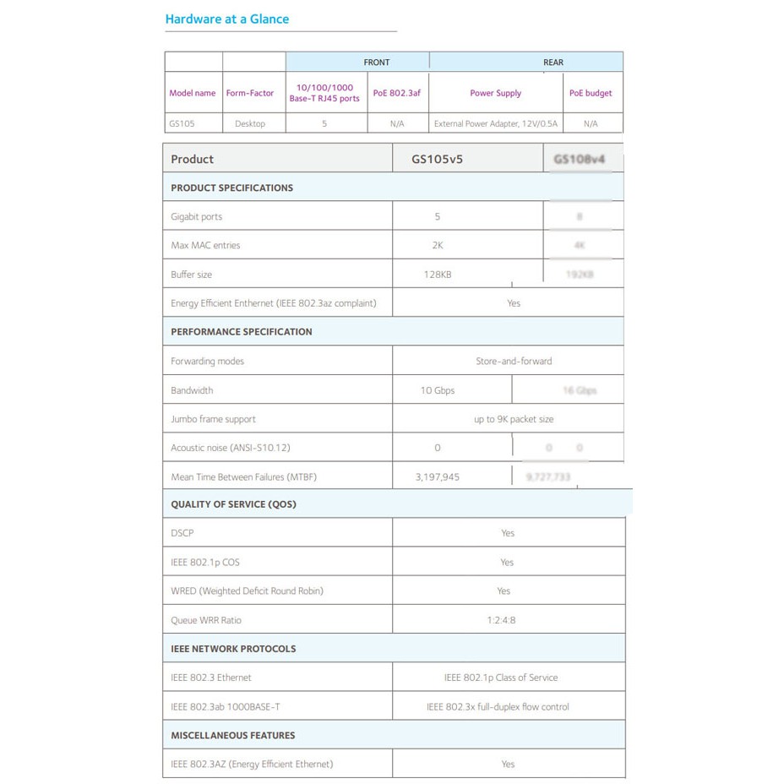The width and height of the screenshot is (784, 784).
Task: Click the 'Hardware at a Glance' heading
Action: click(x=226, y=19)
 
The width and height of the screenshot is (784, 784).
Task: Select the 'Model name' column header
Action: click(x=193, y=93)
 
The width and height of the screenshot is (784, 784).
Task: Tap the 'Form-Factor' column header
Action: click(x=250, y=93)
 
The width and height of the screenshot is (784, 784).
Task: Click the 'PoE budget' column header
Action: click(x=591, y=93)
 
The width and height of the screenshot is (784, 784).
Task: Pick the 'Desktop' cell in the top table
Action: click(x=250, y=123)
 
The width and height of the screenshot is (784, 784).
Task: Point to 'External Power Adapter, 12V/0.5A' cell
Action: click(x=496, y=123)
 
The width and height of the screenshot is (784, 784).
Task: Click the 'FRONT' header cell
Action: click(x=377, y=62)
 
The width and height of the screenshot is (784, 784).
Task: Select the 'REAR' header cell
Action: click(x=553, y=62)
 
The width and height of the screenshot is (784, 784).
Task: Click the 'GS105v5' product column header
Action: click(x=437, y=159)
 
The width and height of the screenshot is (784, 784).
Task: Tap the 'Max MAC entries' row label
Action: click(x=205, y=245)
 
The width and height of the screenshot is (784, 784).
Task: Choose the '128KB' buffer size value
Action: click(x=438, y=274)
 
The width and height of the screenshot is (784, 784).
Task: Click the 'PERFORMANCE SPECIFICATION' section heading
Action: click(x=242, y=331)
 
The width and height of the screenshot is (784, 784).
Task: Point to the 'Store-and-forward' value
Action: click(x=514, y=361)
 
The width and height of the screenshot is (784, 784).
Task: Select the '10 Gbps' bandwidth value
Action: click(x=438, y=390)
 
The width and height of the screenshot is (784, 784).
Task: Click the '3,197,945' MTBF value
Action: click(x=438, y=476)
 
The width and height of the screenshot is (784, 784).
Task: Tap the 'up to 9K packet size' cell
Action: click(x=514, y=419)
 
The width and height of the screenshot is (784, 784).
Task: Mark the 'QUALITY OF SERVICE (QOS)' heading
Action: click(x=233, y=504)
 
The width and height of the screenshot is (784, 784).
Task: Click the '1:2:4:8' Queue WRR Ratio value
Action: click(x=501, y=620)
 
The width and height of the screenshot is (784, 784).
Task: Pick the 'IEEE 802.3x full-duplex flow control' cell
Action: click(x=498, y=706)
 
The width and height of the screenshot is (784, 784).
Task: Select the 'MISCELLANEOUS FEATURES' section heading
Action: click(x=233, y=735)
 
